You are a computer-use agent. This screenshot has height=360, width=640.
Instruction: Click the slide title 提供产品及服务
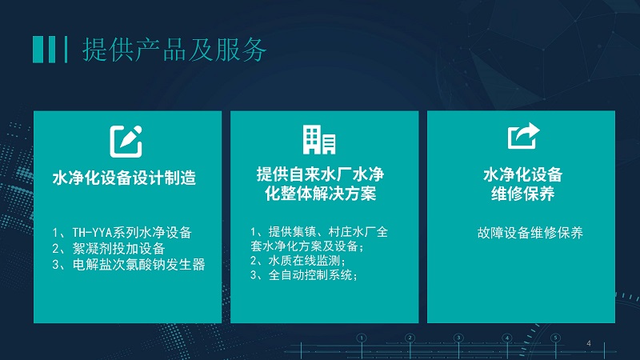[x=174, y=50]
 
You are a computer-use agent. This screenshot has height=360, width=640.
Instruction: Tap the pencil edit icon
[x=126, y=142]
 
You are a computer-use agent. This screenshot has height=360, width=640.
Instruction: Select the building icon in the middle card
[x=319, y=140]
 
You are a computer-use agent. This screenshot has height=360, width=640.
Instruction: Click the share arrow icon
[x=524, y=136]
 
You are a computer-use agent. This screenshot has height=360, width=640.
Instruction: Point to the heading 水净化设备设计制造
[x=125, y=178]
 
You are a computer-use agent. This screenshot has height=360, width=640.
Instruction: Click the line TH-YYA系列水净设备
[x=122, y=232]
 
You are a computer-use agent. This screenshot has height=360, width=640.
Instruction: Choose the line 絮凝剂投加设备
[x=109, y=248]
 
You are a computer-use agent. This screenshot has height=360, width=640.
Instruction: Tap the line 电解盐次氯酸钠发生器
[x=129, y=265]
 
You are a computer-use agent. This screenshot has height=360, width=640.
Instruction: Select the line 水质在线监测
[x=298, y=261]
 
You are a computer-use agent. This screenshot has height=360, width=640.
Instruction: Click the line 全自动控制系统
[x=304, y=275]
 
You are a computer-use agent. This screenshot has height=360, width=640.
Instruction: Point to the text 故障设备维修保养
[x=530, y=233]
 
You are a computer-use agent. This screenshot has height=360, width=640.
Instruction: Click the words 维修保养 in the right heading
[x=523, y=194]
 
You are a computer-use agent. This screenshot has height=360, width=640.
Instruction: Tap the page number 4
[x=589, y=343]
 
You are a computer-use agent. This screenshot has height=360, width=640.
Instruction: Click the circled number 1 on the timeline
[x=362, y=338]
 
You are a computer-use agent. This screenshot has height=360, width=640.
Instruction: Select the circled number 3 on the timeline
[x=458, y=338]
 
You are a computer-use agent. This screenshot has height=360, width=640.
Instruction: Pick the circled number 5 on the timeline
[x=555, y=338]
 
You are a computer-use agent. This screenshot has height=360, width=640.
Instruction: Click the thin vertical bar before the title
[x=66, y=50]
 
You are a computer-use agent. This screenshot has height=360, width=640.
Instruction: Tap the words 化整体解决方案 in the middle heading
[x=321, y=194]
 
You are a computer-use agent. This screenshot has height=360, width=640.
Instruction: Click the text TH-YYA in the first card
[x=92, y=233]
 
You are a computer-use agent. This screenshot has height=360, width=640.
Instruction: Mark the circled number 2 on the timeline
[x=410, y=338]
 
